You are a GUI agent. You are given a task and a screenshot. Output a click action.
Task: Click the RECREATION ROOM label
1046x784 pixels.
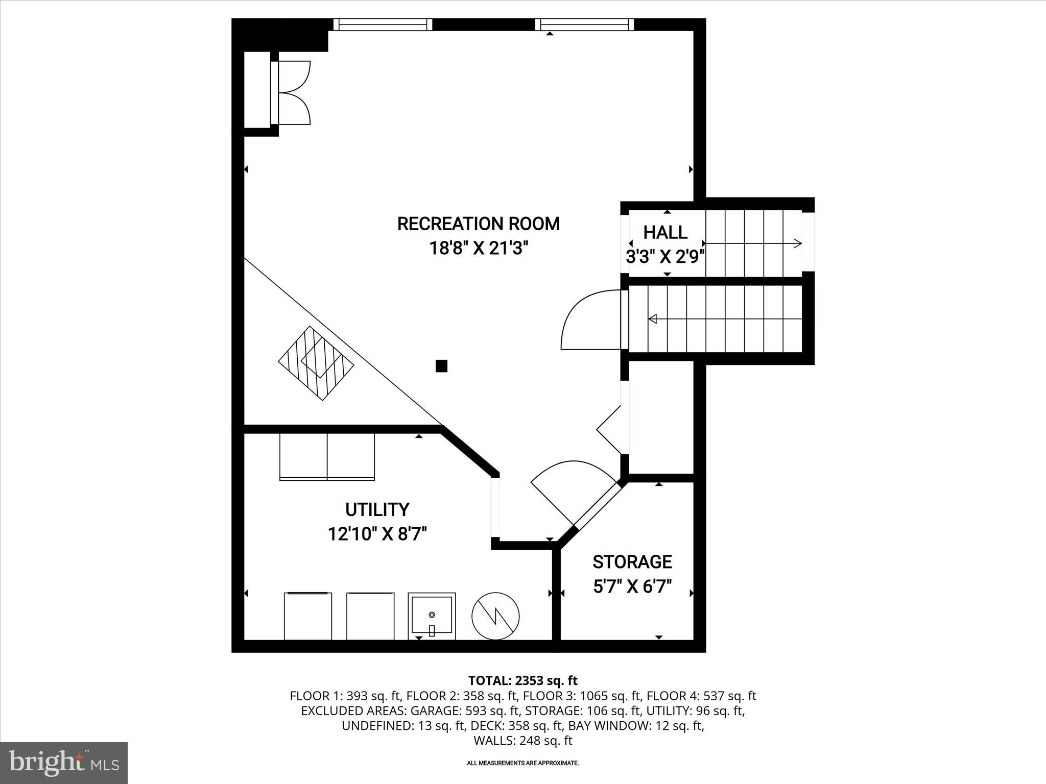tap(478, 224)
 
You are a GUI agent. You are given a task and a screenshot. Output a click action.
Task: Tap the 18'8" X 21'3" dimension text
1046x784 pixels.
tap(478, 249)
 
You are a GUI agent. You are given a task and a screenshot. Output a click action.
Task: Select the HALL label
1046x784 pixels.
tap(665, 232)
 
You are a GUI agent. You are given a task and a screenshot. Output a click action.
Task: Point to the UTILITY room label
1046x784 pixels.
tap(377, 509)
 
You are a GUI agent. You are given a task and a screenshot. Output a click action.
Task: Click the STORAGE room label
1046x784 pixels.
tap(632, 561)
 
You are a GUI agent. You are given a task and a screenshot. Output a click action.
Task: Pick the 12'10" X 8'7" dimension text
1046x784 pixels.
tap(377, 534)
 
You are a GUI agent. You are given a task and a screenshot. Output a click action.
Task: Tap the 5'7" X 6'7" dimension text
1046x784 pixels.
tap(632, 586)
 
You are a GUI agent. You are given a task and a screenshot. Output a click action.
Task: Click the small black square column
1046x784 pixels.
tap(441, 365)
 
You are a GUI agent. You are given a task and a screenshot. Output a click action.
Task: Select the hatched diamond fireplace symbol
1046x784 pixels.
tap(316, 363)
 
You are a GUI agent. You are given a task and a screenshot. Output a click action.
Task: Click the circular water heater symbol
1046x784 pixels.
tap(495, 616)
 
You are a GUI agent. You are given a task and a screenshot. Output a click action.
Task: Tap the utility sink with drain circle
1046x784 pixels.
tap(432, 616)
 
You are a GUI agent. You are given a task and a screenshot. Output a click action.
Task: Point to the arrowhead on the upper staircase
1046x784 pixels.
tap(797, 243)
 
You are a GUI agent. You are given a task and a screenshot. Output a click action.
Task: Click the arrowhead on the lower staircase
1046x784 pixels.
tap(653, 319)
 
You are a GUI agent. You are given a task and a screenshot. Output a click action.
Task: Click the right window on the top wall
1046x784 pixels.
tap(585, 24)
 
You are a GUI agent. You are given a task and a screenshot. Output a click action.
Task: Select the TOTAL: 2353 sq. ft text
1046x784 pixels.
tap(522, 680)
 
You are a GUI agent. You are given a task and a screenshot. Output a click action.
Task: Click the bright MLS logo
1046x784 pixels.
tap(64, 763)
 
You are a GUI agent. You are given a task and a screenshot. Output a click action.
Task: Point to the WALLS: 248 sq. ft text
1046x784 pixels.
tap(522, 741)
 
